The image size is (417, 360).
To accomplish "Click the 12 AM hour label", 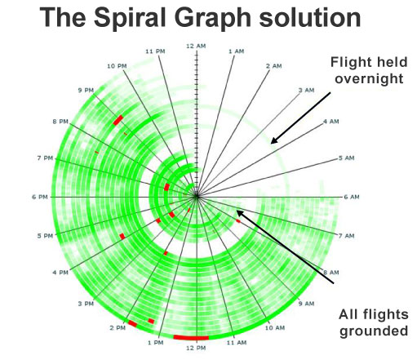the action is (x=196, y=46).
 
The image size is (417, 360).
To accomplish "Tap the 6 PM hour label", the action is (x=40, y=197).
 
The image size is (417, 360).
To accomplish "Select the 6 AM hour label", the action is (x=352, y=197).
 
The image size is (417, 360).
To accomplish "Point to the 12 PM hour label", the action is (x=196, y=348).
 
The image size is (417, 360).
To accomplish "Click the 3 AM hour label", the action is (x=306, y=90).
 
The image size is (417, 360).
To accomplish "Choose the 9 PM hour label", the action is (x=86, y=90).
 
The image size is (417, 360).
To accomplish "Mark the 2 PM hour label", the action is (x=118, y=328).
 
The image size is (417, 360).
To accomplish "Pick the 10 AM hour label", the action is (x=275, y=328).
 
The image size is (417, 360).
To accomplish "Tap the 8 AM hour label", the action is (x=331, y=273).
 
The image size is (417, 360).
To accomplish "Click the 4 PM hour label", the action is (x=60, y=273).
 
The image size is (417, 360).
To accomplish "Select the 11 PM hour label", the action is (x=155, y=51).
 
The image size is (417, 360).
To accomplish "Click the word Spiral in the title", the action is (x=130, y=17).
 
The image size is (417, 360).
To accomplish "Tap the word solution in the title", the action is (x=310, y=17).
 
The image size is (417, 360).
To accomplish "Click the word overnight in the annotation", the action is (x=369, y=79).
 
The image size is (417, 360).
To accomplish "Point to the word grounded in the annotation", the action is (x=374, y=331).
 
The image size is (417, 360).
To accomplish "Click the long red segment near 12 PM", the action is (x=191, y=338).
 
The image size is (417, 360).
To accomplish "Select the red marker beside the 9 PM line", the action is (x=118, y=120).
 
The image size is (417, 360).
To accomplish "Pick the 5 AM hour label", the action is (x=346, y=158).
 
